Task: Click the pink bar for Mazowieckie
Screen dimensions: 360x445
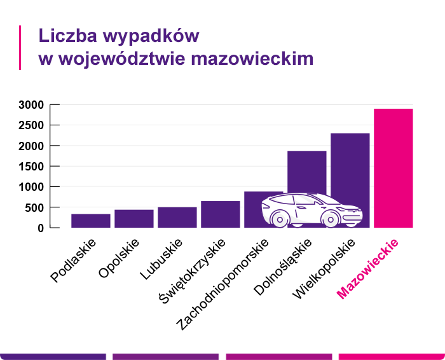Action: [393, 168]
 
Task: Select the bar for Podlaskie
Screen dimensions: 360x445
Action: [90, 221]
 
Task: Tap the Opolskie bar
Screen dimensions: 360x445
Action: [133, 218]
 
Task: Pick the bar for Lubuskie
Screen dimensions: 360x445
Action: [177, 217]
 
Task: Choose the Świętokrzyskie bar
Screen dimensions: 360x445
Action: [220, 214]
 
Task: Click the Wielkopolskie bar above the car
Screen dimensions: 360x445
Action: [350, 165]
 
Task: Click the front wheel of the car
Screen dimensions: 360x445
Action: [329, 218]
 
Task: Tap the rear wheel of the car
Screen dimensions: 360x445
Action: [278, 218]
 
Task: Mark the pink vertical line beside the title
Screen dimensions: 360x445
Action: [20, 48]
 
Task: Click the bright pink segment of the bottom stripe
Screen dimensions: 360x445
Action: [392, 357]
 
